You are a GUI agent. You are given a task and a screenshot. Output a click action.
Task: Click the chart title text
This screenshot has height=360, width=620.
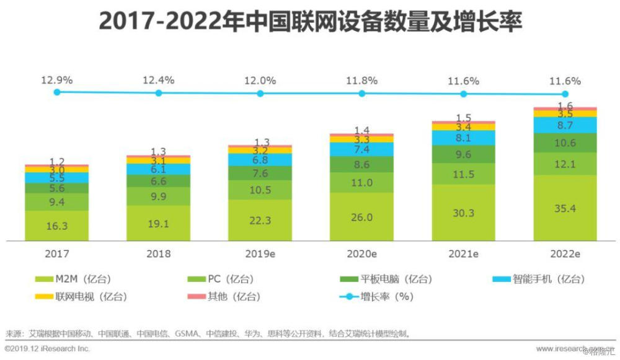pyautogui.click(x=310, y=23)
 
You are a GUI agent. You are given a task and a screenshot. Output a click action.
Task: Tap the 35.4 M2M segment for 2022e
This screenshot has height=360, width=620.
pyautogui.click(x=565, y=208)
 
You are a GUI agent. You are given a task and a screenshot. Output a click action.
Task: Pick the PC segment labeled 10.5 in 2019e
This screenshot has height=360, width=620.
pyautogui.click(x=260, y=190)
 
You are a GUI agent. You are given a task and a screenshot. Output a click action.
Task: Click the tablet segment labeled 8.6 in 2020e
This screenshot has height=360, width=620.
pyautogui.click(x=361, y=165)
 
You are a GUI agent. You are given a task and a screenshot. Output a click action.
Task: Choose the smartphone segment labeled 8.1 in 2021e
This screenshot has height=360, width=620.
pyautogui.click(x=463, y=138)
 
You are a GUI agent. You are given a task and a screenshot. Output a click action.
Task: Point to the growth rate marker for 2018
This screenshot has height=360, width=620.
pyautogui.click(x=159, y=93)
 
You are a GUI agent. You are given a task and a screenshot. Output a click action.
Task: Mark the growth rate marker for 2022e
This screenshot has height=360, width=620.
pyautogui.click(x=565, y=94)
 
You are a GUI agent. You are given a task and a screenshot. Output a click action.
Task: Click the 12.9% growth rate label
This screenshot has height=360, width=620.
pyautogui.click(x=57, y=80)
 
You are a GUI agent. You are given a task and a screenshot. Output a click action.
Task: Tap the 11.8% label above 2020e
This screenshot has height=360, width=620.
pyautogui.click(x=361, y=81)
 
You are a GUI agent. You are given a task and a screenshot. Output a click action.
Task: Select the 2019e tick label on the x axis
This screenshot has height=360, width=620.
pyautogui.click(x=260, y=254)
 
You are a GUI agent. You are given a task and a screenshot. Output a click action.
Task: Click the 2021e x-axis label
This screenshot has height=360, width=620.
pyautogui.click(x=463, y=254)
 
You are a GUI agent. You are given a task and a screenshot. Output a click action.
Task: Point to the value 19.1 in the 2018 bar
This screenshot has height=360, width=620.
pyautogui.click(x=158, y=223)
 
